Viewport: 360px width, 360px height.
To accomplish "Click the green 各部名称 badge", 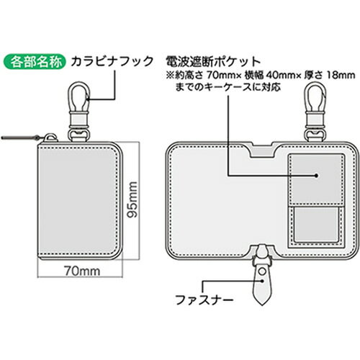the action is click(34, 62).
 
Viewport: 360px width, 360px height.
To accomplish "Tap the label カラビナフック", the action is click(112, 61).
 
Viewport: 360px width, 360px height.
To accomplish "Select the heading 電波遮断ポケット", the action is click(213, 62).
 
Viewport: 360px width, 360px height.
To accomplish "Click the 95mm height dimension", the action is click(132, 199).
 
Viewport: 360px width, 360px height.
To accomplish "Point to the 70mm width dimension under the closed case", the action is click(82, 271).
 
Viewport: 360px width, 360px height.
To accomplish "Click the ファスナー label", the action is click(204, 300).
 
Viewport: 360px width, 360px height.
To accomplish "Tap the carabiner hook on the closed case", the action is click(79, 111).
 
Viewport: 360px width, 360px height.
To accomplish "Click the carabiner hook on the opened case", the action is click(315, 111).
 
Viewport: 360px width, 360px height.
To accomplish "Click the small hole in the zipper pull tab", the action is click(263, 271).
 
